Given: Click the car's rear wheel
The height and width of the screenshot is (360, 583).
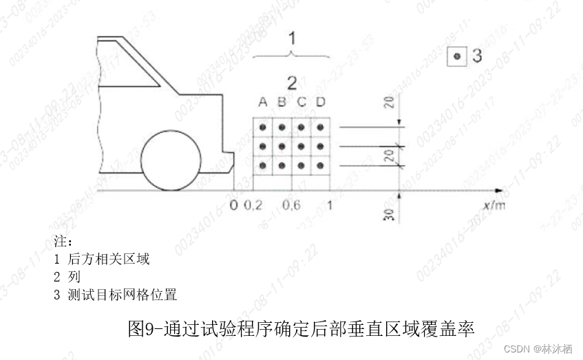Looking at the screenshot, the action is point(171,160).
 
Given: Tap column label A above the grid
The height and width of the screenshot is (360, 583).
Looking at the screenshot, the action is point(262,103).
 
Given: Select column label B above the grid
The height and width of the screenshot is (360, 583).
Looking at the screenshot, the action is point(282,103).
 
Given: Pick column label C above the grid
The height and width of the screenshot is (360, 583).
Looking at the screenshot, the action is point(301,103).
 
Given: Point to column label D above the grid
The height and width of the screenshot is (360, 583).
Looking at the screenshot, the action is point(320,103).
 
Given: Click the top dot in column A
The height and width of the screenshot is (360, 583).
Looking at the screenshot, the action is point(263,127).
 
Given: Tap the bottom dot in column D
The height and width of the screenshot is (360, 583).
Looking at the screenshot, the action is point(320,166).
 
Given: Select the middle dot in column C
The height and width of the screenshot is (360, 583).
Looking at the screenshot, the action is point(301,147).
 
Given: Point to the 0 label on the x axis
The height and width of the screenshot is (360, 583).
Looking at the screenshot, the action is point(234,205).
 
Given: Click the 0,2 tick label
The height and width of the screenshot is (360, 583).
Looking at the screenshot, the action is point(253,205).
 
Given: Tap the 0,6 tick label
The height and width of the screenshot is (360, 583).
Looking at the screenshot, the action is point(292,205).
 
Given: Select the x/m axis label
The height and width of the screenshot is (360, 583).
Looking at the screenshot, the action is point(494,205).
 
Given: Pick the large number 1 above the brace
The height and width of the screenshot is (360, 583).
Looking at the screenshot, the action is point(292,37).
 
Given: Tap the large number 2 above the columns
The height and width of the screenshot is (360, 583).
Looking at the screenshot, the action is point(292,83).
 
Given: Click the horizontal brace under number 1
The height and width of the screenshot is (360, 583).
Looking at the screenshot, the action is point(292,54).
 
